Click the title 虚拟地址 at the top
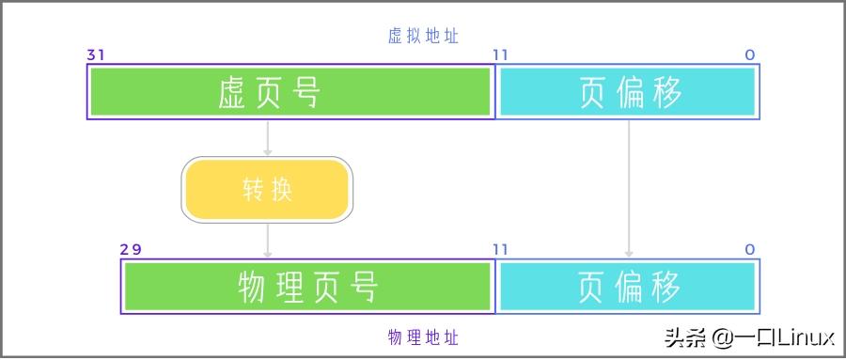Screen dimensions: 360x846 [423, 36]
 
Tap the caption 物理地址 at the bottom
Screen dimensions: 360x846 [423, 337]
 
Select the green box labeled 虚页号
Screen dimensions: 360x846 [291, 92]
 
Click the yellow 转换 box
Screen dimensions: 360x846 [267, 190]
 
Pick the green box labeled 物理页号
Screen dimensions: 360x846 [308, 286]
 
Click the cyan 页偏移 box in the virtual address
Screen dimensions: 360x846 [628, 92]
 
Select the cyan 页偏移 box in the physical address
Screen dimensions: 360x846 [628, 286]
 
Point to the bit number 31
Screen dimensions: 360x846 [96, 55]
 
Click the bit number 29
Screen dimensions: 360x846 [130, 249]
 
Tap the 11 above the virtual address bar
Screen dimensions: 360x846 [500, 55]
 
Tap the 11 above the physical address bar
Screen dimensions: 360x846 [500, 249]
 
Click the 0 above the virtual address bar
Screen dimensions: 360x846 [750, 55]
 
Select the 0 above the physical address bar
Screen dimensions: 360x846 [750, 249]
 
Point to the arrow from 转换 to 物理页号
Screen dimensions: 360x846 [268, 240]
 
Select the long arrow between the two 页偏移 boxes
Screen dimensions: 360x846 [629, 188]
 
